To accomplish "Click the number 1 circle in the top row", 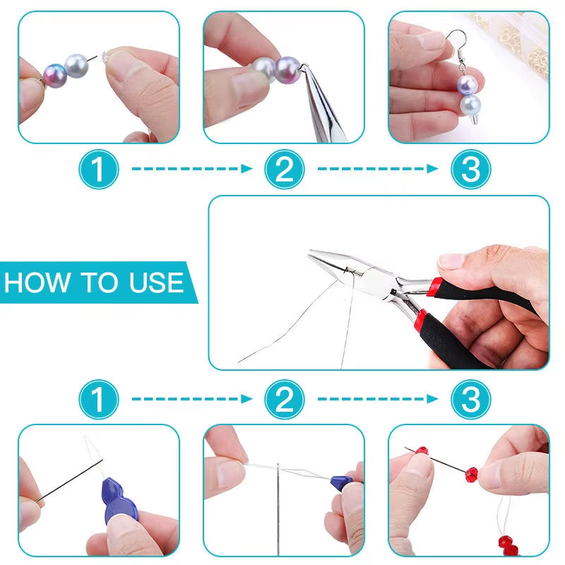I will pyautogui.click(x=98, y=170).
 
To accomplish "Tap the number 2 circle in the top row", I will pyautogui.click(x=284, y=170).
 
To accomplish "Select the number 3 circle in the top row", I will pyautogui.click(x=470, y=170).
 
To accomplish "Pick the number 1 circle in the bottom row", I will pyautogui.click(x=98, y=400).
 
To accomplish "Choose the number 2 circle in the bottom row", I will pyautogui.click(x=284, y=400).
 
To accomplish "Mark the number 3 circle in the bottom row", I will pyautogui.click(x=470, y=400).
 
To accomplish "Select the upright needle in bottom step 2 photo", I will pyautogui.click(x=278, y=505).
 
